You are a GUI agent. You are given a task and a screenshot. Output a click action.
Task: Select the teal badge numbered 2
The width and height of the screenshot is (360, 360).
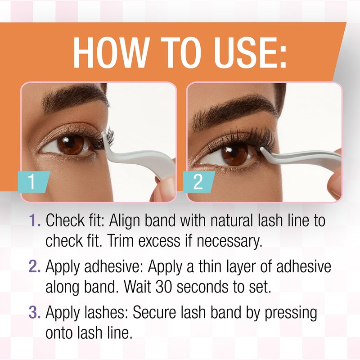click(198, 182)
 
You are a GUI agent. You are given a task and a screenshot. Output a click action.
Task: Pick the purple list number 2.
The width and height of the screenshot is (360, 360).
click(36, 267)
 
